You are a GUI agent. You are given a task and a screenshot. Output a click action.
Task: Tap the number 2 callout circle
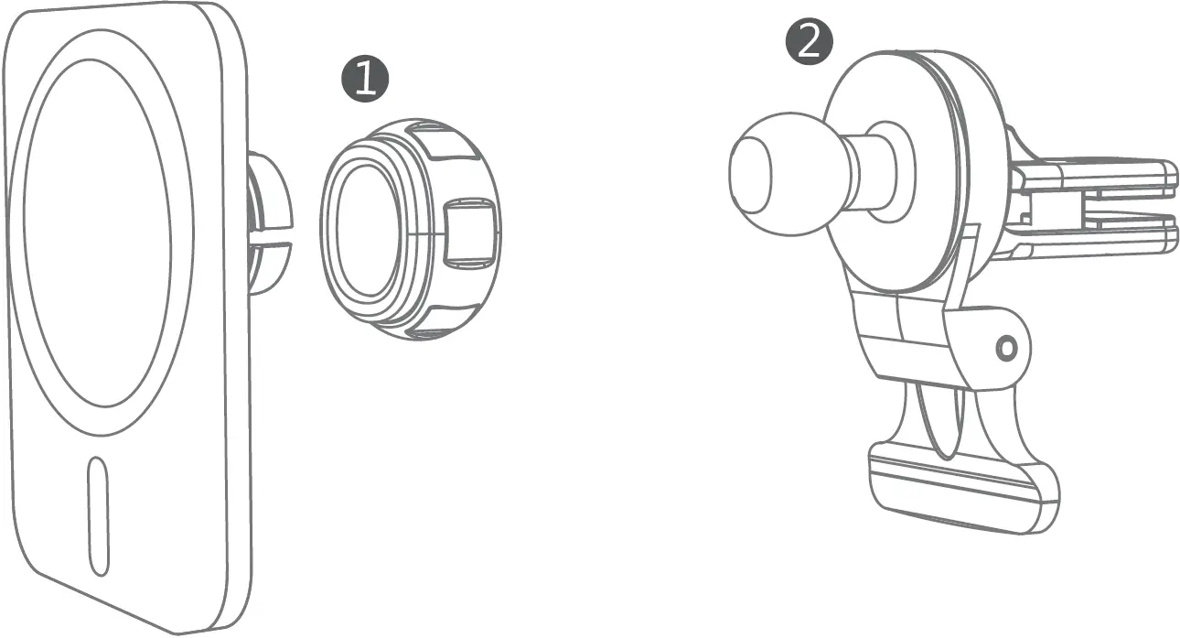coord(810,42)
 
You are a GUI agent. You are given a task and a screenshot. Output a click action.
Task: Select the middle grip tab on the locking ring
coord(469,234)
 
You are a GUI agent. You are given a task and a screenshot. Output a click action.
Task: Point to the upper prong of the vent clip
coord(1098,176)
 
